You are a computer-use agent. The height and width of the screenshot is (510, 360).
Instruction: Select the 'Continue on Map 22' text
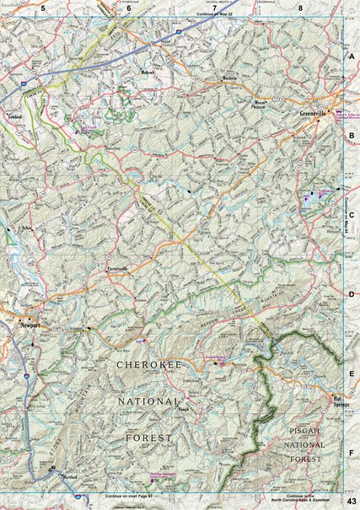217,15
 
